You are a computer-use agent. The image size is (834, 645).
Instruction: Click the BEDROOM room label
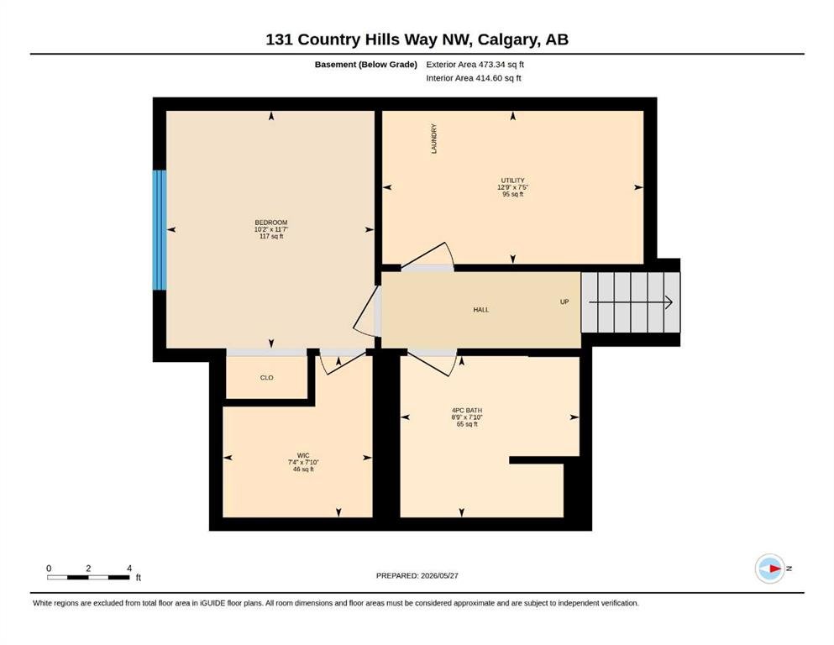(x=271, y=223)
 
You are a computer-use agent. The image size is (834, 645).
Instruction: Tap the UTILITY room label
(x=512, y=181)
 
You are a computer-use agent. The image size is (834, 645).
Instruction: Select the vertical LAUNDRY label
(x=434, y=139)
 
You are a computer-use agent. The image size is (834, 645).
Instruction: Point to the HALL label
(x=480, y=309)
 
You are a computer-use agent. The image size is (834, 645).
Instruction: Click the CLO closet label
(x=266, y=378)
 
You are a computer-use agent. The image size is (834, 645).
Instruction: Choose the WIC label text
(x=303, y=455)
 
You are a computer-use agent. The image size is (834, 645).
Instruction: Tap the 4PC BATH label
(x=467, y=410)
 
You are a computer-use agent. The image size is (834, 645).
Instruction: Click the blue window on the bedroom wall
(x=160, y=230)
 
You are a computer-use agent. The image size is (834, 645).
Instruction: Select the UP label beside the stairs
(x=564, y=302)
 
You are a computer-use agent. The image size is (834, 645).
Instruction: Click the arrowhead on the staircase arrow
(x=669, y=302)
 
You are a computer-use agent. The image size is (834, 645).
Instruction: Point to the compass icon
(x=769, y=569)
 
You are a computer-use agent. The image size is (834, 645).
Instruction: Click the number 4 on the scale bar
(x=129, y=568)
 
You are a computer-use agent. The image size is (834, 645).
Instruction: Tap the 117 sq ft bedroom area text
(x=271, y=236)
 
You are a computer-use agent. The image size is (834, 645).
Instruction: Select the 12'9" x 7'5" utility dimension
(x=512, y=187)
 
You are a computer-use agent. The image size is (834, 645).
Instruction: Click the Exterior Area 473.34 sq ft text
(x=475, y=65)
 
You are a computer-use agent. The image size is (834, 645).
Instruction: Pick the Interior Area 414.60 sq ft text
(x=474, y=78)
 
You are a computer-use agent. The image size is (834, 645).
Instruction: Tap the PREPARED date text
(x=417, y=575)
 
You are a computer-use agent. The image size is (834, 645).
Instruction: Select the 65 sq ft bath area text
(x=467, y=424)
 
